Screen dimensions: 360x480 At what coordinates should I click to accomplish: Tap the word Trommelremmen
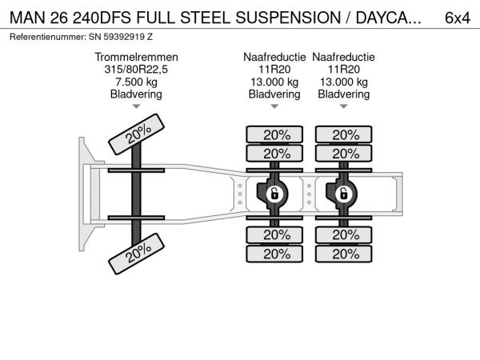point(136,58)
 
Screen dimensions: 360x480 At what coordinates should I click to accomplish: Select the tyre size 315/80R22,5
point(136,70)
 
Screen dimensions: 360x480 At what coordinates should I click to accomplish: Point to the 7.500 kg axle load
point(136,82)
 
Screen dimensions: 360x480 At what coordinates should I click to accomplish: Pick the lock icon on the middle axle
point(274,194)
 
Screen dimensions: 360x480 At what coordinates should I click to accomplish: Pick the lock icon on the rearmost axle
point(343,194)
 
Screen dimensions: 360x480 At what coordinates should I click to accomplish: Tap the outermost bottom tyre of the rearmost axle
point(345,254)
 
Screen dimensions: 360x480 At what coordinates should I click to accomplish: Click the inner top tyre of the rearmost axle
point(345,153)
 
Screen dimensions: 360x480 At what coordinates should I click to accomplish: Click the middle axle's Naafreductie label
point(274,58)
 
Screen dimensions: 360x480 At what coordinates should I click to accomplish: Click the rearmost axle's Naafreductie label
point(344,58)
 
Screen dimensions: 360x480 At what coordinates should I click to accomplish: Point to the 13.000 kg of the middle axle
point(274,82)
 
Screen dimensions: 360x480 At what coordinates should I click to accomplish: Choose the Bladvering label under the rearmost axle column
point(344,94)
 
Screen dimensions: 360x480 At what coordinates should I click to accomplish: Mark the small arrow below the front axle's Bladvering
point(136,106)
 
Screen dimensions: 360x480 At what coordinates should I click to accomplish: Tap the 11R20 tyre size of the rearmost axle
point(344,70)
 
